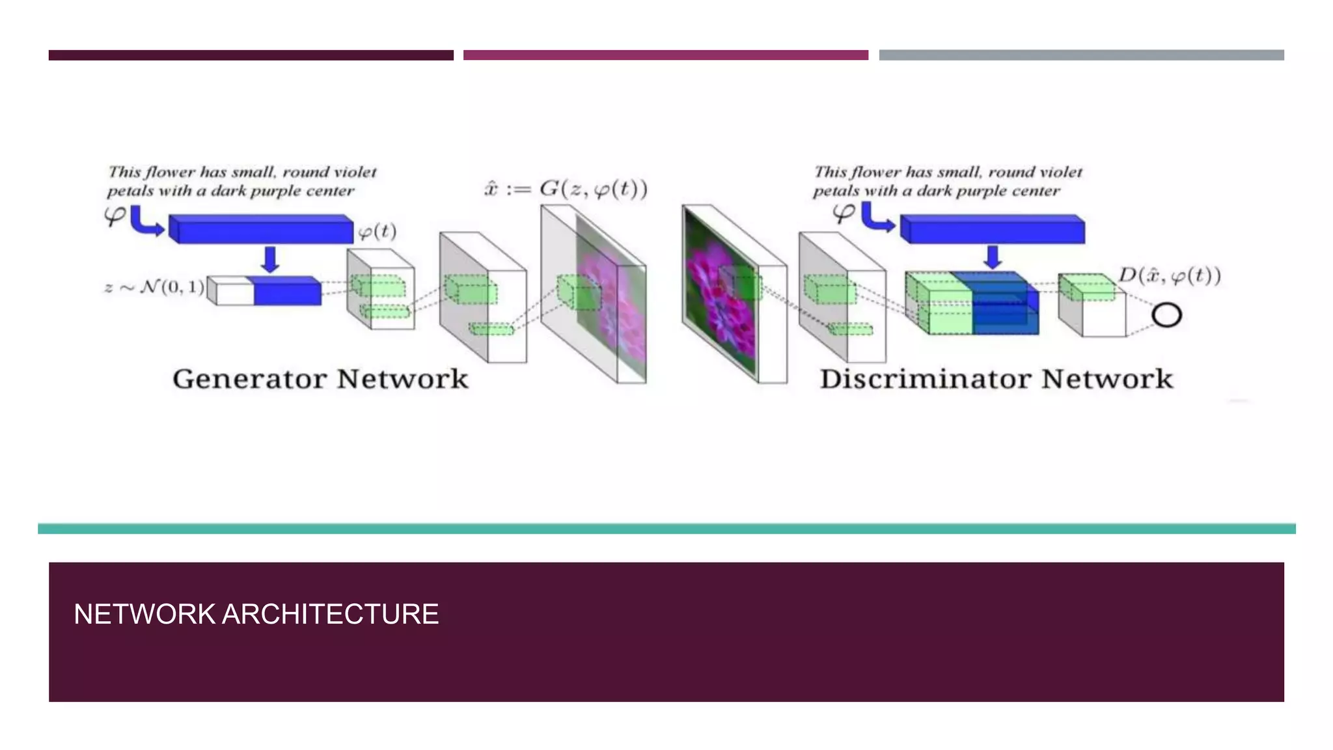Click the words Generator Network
pos(320,379)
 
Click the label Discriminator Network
pos(996,379)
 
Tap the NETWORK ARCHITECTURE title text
pos(256,614)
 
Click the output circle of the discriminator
pos(1166,315)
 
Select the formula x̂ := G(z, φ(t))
pos(566,189)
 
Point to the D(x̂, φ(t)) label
pos(1170,275)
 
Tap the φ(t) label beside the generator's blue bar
pos(377,231)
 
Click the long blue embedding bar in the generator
pos(260,229)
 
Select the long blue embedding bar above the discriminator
pos(992,229)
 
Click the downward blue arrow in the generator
pos(270,259)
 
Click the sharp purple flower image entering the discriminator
pos(719,293)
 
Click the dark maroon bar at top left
pos(251,55)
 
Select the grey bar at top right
pos(1081,55)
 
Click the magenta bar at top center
pos(665,55)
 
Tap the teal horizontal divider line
pos(666,529)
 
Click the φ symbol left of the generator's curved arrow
pos(115,215)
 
